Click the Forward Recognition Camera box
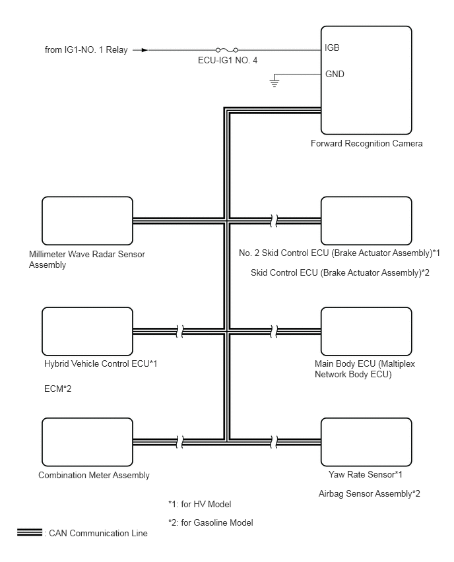pos(366,80)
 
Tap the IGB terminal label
pos(332,47)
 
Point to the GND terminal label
pos(335,74)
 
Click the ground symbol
pos(275,81)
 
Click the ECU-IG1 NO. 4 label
pos(228,60)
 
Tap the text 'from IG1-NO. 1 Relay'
pos(86,50)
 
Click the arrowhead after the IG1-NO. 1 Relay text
pos(145,50)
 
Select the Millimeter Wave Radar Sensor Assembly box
pos(87,221)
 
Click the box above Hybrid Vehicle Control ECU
pos(87,331)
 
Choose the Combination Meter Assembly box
pos(87,442)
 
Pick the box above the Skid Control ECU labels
pos(366,221)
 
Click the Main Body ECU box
pos(366,331)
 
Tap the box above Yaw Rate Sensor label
pos(366,442)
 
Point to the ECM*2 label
pos(57,389)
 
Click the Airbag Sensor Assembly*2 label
pos(369,493)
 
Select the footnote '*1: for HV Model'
pos(200,504)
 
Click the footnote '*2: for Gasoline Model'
pos(211,522)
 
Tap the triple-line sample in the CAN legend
pos(30,532)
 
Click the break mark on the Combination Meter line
pos(180,442)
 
